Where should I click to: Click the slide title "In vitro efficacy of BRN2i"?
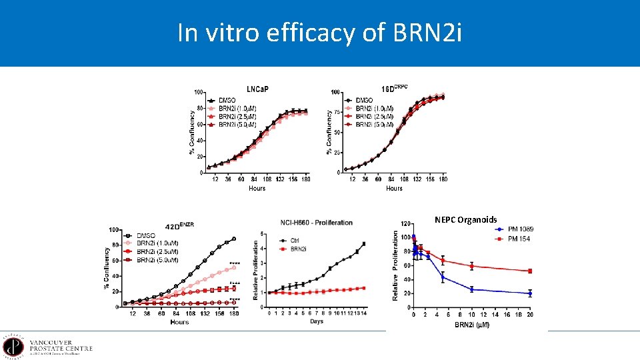[319, 33]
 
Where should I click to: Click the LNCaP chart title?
[257, 89]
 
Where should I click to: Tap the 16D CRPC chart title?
[395, 88]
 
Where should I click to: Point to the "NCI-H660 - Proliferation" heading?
[317, 222]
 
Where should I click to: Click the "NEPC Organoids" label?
[465, 219]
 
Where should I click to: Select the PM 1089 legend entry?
[521, 230]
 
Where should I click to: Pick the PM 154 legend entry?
[519, 239]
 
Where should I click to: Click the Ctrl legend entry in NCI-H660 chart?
[290, 240]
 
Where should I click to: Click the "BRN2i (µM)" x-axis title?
[473, 325]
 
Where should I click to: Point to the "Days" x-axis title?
[317, 321]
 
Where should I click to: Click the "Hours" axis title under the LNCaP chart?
[257, 189]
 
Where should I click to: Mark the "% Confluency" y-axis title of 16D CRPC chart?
[329, 132]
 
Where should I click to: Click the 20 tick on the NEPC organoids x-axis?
[530, 315]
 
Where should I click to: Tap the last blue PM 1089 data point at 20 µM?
[530, 293]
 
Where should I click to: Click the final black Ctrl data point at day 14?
[363, 244]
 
